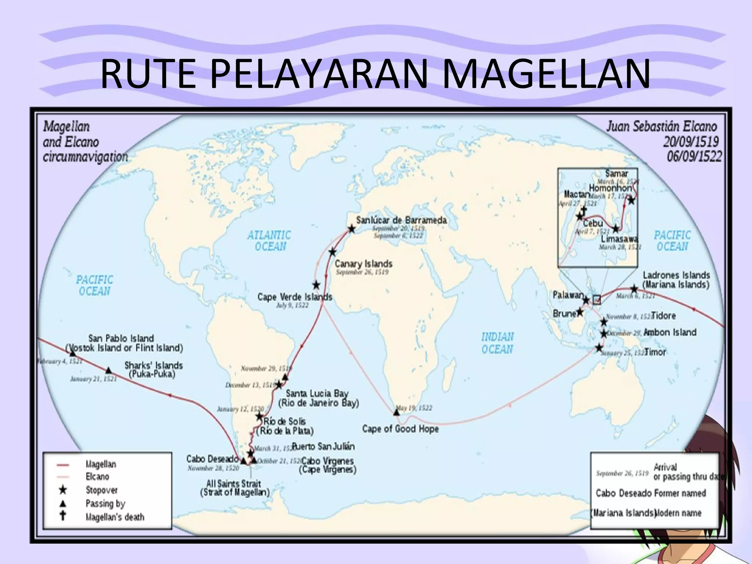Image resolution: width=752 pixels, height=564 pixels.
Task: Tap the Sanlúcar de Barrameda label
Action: click(x=401, y=220)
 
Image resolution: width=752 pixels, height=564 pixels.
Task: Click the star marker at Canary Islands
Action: click(x=332, y=252)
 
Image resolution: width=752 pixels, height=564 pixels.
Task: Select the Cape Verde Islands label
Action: click(x=294, y=297)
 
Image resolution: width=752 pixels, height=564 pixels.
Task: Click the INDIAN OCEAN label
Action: click(x=497, y=343)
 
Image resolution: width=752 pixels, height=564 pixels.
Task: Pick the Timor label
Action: click(x=655, y=352)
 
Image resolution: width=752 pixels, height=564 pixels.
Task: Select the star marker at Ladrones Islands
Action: click(x=634, y=289)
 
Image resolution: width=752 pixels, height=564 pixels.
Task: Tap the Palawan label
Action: click(x=568, y=295)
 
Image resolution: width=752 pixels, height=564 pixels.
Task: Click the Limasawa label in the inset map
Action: click(x=619, y=239)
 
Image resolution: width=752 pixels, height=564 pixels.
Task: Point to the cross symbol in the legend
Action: click(x=63, y=515)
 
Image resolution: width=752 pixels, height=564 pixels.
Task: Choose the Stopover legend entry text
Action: click(x=101, y=490)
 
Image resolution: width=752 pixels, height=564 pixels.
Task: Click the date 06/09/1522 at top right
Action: click(x=694, y=157)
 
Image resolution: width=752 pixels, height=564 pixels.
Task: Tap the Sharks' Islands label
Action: click(x=153, y=365)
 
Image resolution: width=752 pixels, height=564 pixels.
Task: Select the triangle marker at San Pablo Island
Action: click(x=73, y=353)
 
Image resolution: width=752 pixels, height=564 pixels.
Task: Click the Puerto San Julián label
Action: click(x=323, y=446)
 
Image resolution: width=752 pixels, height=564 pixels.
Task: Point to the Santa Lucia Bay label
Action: click(x=317, y=394)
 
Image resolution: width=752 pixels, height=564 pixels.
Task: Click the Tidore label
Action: click(x=663, y=316)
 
